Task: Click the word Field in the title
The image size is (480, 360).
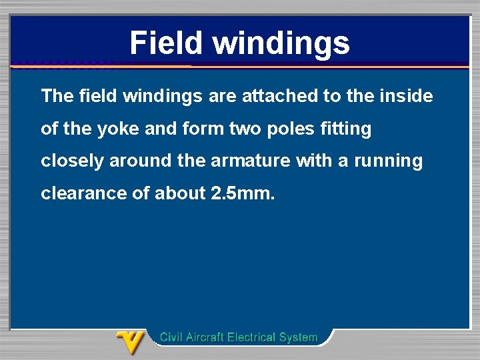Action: (x=167, y=43)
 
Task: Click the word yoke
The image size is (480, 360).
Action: (x=118, y=129)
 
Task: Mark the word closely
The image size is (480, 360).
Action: (x=71, y=161)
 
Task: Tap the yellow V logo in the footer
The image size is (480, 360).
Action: (x=131, y=341)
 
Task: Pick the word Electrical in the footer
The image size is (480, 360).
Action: (x=253, y=337)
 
